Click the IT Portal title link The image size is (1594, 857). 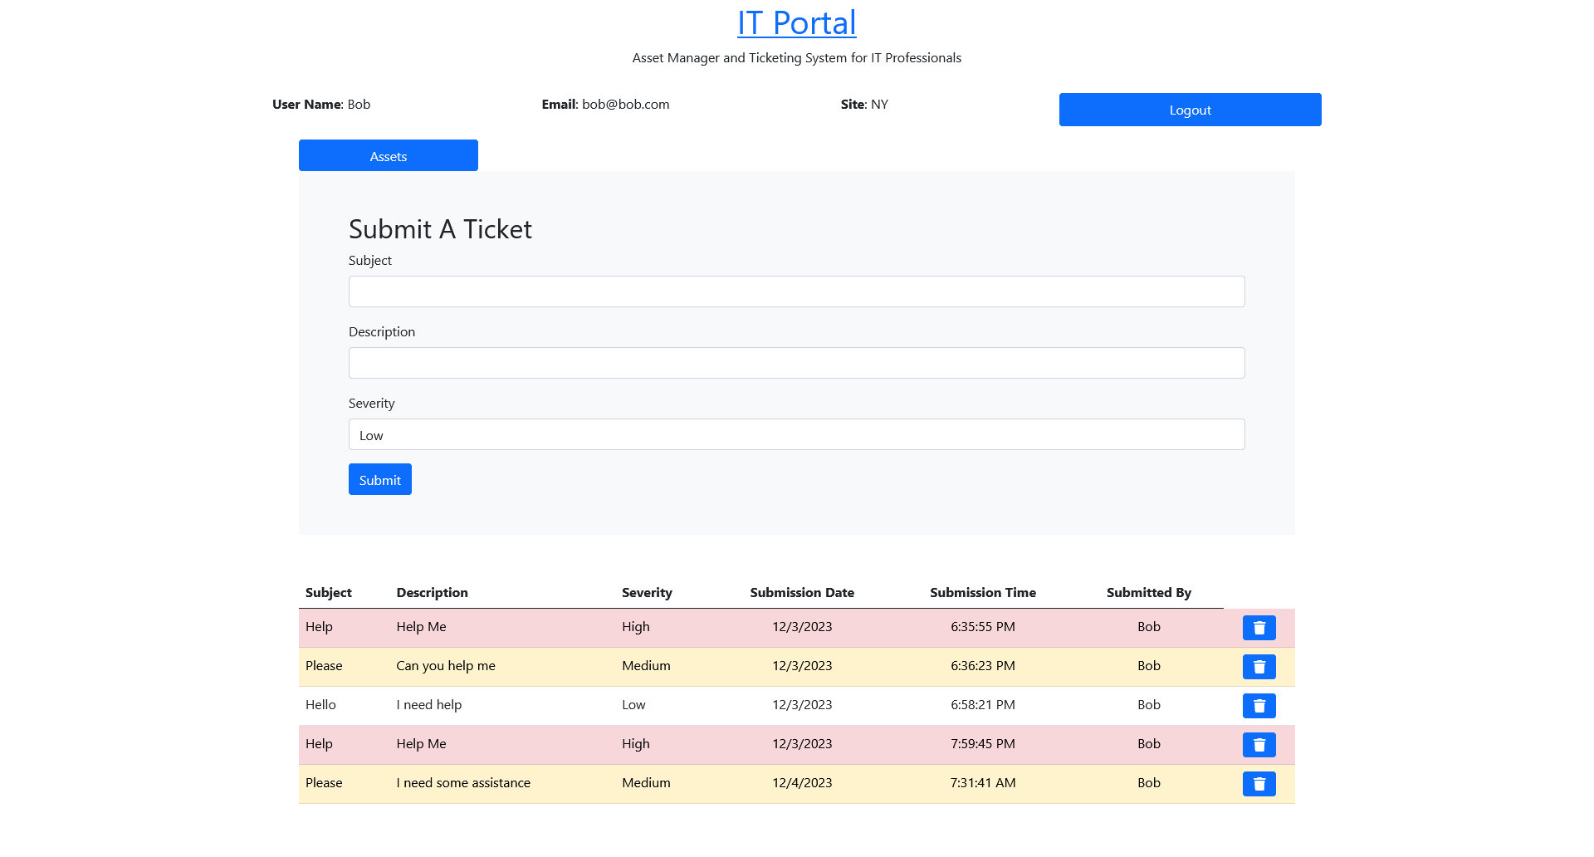pos(796,23)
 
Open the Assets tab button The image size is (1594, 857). pos(388,156)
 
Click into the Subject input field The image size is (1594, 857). pos(796,291)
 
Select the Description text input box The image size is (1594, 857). pos(796,363)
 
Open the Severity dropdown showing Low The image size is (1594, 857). pos(796,434)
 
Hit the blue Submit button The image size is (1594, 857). pos(379,479)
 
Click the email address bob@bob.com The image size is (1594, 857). pos(625,105)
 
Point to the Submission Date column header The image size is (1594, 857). pos(802,593)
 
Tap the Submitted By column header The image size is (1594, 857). pos(1148,593)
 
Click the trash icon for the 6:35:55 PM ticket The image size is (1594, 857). pos(1259,628)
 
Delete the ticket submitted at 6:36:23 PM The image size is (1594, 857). pos(1259,667)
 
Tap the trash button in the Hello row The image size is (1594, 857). pos(1259,706)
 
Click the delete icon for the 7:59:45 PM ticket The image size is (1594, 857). pos(1259,745)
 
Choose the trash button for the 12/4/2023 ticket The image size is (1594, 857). pos(1259,784)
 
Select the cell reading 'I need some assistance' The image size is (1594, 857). pos(463,783)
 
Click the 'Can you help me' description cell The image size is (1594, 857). pos(446,666)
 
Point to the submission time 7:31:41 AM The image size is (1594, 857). pos(983,783)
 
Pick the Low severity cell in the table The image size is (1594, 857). pos(633,705)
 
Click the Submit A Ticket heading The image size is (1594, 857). pos(440,229)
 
